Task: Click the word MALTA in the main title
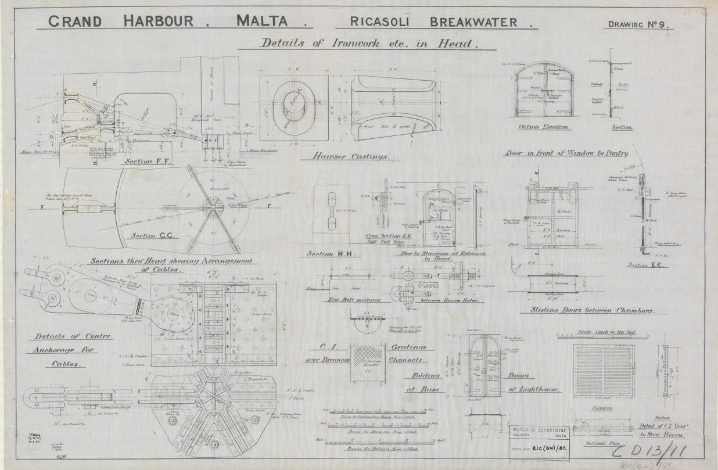click(262, 21)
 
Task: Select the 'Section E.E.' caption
click(645, 265)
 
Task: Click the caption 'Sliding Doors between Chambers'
click(591, 310)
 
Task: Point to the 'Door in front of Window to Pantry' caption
click(565, 153)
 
